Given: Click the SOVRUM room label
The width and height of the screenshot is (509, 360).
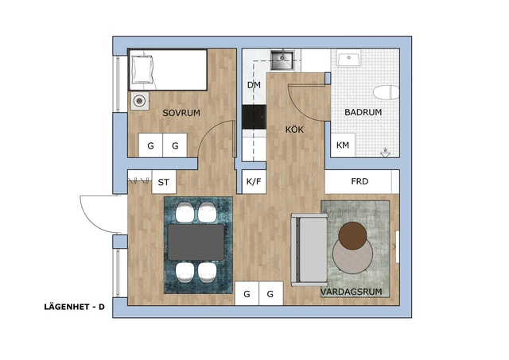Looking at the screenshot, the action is point(181,113).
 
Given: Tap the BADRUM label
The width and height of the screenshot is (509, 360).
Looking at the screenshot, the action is point(363,112).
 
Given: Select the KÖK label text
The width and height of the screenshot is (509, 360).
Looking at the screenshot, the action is point(294,130).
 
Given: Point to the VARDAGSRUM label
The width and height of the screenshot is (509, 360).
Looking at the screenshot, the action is point(352,292).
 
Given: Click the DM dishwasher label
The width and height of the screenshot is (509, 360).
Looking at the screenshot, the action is point(254,85).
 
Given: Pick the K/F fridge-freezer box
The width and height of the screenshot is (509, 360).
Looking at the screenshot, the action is point(254,182).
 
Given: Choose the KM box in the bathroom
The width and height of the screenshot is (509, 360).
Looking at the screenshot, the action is point(343,145).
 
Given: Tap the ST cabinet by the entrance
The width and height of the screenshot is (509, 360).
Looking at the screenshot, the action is point(164,182).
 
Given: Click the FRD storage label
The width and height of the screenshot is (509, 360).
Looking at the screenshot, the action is point(359,181).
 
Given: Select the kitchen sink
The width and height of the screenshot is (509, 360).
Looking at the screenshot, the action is point(282,60).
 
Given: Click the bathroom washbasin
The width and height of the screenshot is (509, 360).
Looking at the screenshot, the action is point(348,58).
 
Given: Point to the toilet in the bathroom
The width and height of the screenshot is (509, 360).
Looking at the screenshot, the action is point(386,92).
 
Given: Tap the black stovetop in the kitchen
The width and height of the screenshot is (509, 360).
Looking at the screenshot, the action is point(254,117).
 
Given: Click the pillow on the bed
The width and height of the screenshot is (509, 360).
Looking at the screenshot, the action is point(142,69).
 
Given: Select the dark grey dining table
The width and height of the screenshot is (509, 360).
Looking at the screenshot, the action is point(196,242).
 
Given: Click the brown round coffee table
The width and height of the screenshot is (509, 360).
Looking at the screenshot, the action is point(352,236).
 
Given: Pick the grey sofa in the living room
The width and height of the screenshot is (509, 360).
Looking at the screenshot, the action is point(309,250).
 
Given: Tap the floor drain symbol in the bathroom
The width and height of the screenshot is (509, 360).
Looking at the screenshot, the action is point(385,153).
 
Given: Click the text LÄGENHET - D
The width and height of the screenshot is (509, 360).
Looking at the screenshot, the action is point(74,307).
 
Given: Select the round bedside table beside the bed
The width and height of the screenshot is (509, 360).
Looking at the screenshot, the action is point(140,101).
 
